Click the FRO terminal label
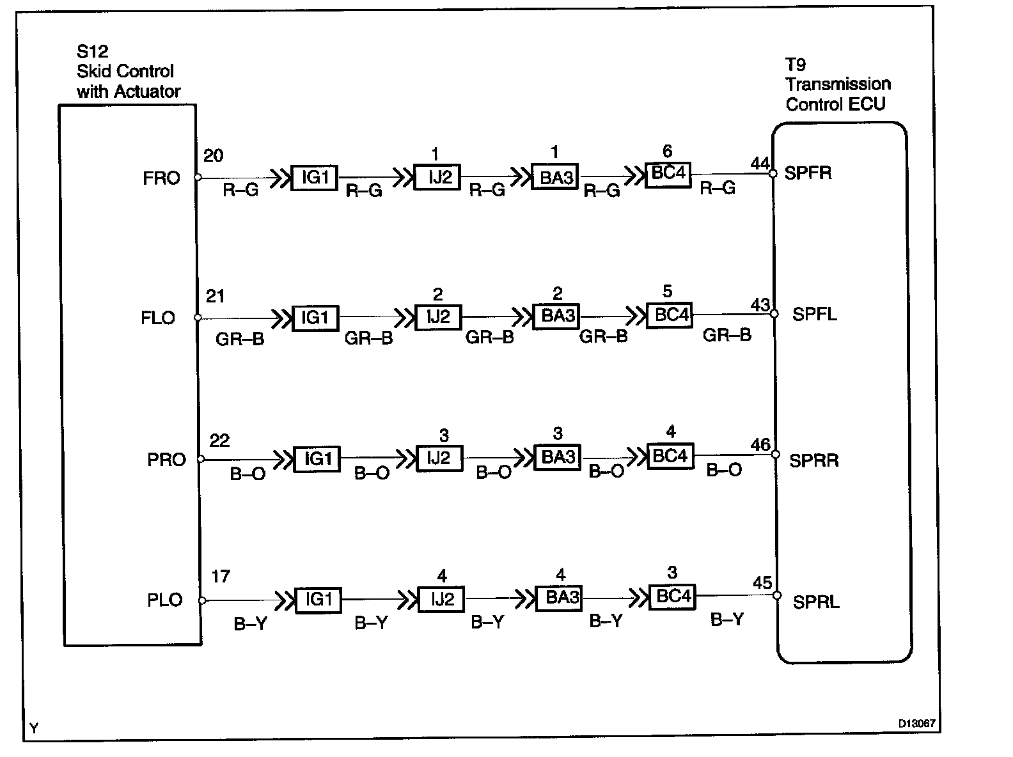[x=161, y=178]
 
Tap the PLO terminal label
[x=164, y=600]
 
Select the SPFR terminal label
[x=808, y=173]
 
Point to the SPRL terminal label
[x=816, y=602]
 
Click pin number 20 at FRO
[x=213, y=156]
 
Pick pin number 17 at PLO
[x=220, y=577]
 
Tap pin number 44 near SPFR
[x=760, y=164]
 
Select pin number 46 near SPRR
[x=760, y=444]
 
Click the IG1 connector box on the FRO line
[x=315, y=177]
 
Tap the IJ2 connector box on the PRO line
[x=439, y=458]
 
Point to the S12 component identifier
[x=92, y=52]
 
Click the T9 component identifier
[x=796, y=65]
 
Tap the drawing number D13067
[x=916, y=724]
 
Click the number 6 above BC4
[x=667, y=152]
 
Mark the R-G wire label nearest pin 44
[x=718, y=188]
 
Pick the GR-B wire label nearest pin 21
[x=240, y=339]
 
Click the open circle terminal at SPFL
[x=774, y=314]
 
